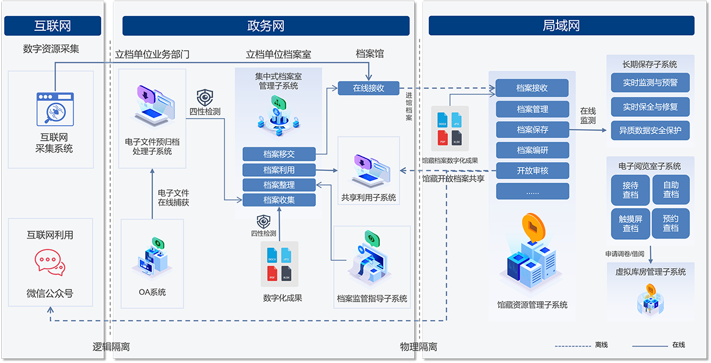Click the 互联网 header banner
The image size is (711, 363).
pyautogui.click(x=53, y=26)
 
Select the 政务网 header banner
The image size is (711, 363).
pyautogui.click(x=265, y=26)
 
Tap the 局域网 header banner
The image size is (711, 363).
pyautogui.click(x=561, y=26)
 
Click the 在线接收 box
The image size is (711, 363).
pyautogui.click(x=369, y=88)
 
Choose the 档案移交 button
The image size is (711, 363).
pyautogui.click(x=279, y=154)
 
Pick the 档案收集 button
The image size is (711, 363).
pyautogui.click(x=279, y=200)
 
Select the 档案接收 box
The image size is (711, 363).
pyautogui.click(x=532, y=88)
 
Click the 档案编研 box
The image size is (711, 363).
pyautogui.click(x=532, y=150)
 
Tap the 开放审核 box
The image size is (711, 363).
pyautogui.click(x=532, y=171)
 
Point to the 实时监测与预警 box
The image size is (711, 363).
pyautogui.click(x=650, y=82)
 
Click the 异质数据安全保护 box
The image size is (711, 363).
pyautogui.click(x=650, y=130)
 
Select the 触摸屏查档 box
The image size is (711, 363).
pyautogui.click(x=630, y=224)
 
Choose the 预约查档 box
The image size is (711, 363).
pyautogui.click(x=671, y=224)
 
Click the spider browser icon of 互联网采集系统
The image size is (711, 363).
pyautogui.click(x=55, y=109)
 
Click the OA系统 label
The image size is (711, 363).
pyautogui.click(x=152, y=292)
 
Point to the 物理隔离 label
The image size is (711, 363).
pyautogui.click(x=419, y=347)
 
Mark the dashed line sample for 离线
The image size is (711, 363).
pyautogui.click(x=573, y=345)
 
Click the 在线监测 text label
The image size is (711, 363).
pyautogui.click(x=588, y=116)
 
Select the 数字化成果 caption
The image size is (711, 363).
pyautogui.click(x=283, y=298)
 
